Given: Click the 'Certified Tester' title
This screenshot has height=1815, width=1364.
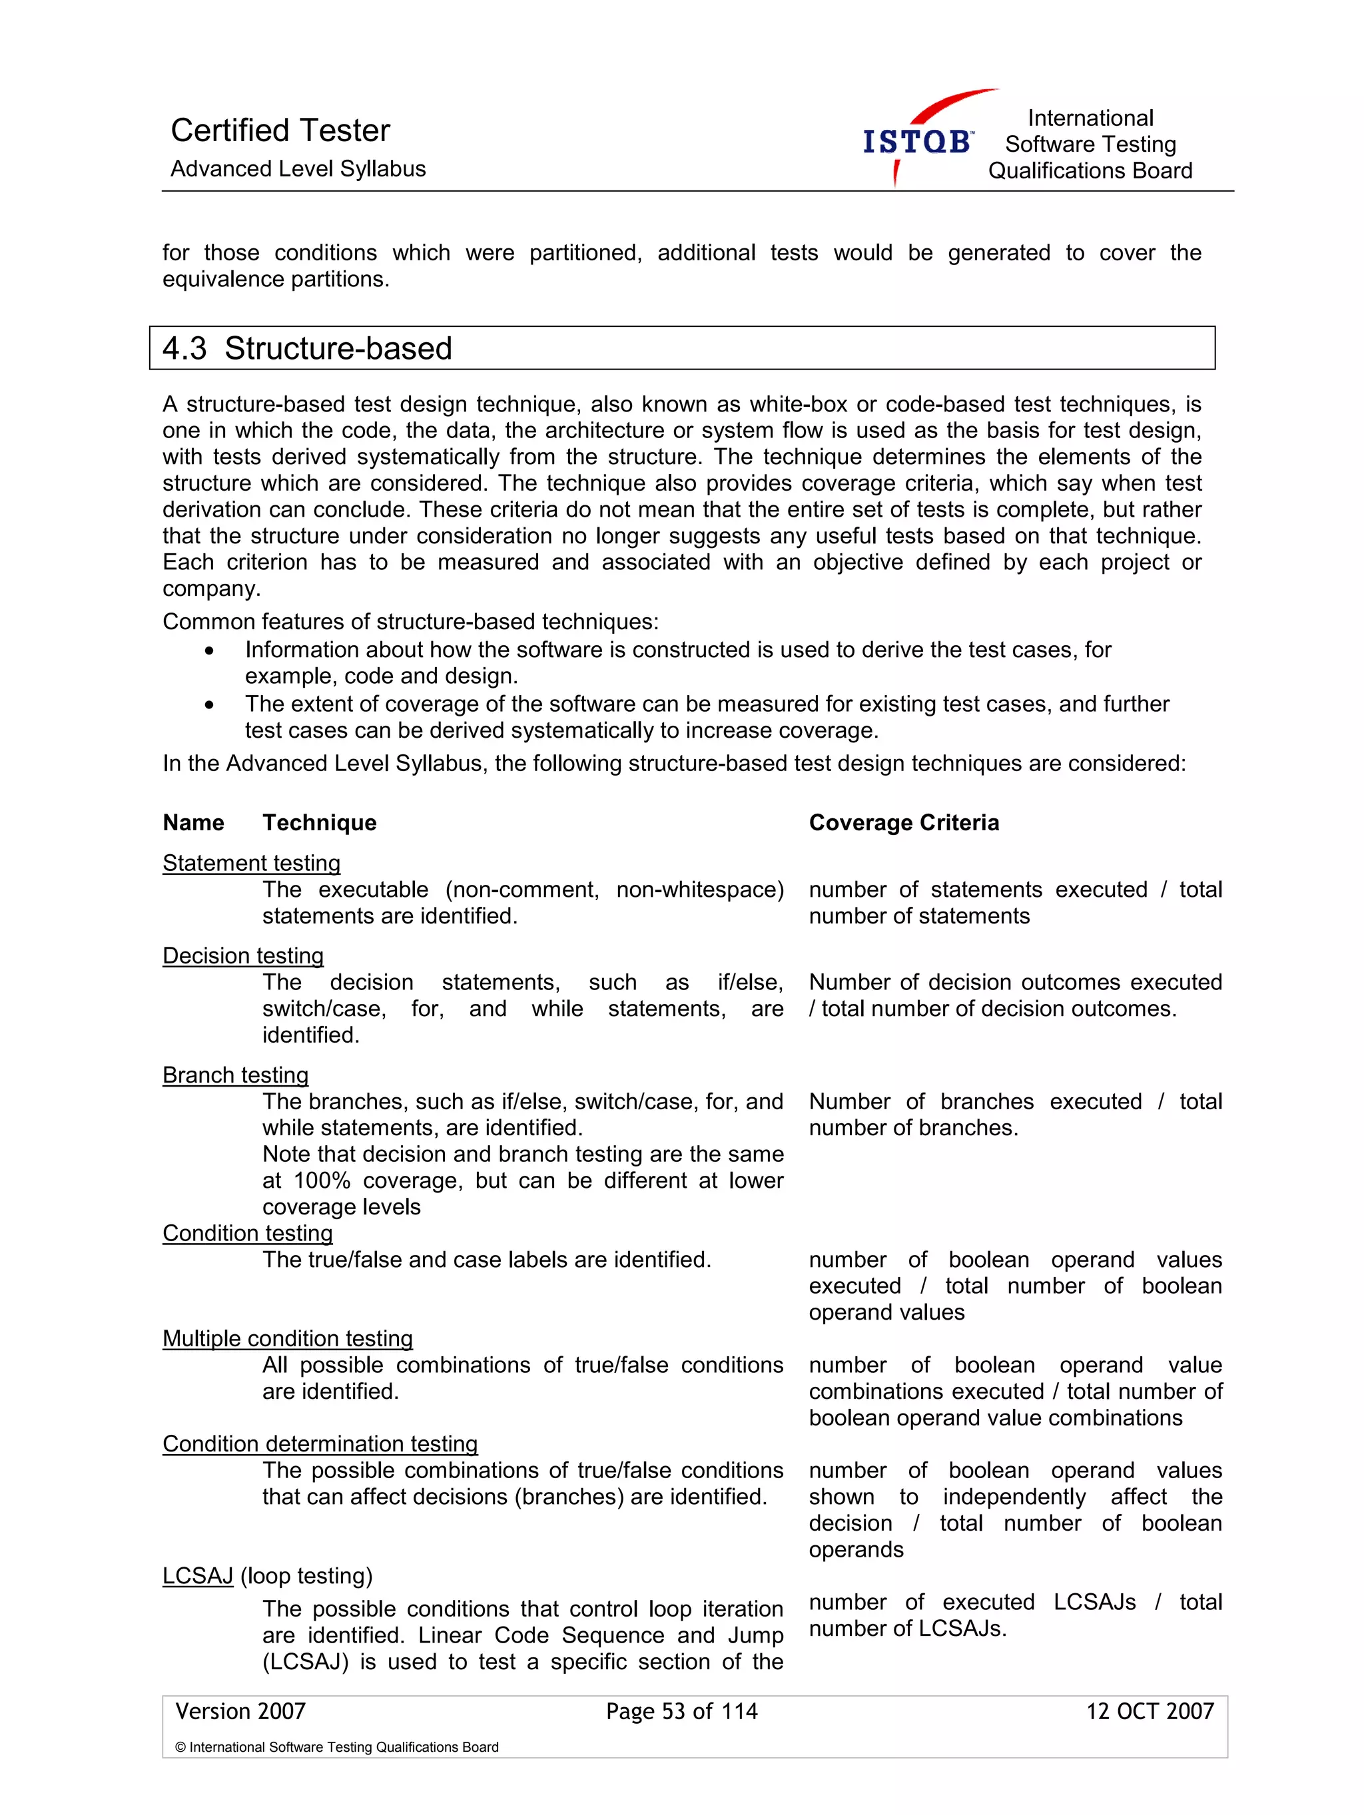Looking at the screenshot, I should [280, 130].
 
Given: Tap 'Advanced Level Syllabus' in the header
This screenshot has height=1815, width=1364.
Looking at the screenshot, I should [298, 169].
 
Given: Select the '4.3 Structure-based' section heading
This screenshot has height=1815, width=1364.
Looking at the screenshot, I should [307, 348].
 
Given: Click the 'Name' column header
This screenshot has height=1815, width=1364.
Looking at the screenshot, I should [193, 822].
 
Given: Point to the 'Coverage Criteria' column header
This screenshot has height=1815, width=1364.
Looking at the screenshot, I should [904, 822].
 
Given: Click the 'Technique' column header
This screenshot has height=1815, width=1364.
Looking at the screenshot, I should [319, 822].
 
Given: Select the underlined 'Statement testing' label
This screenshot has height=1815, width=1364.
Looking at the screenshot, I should [251, 862].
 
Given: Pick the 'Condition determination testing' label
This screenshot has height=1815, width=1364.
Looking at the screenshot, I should [320, 1443].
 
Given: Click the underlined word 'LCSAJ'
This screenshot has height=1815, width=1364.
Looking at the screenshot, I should [198, 1575].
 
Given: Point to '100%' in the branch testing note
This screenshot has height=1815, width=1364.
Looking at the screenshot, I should [322, 1180].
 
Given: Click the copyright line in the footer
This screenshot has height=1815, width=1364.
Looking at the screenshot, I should [336, 1747].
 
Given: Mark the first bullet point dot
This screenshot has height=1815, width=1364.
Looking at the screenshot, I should [210, 650].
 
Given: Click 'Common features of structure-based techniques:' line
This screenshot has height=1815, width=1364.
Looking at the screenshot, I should [410, 621].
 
